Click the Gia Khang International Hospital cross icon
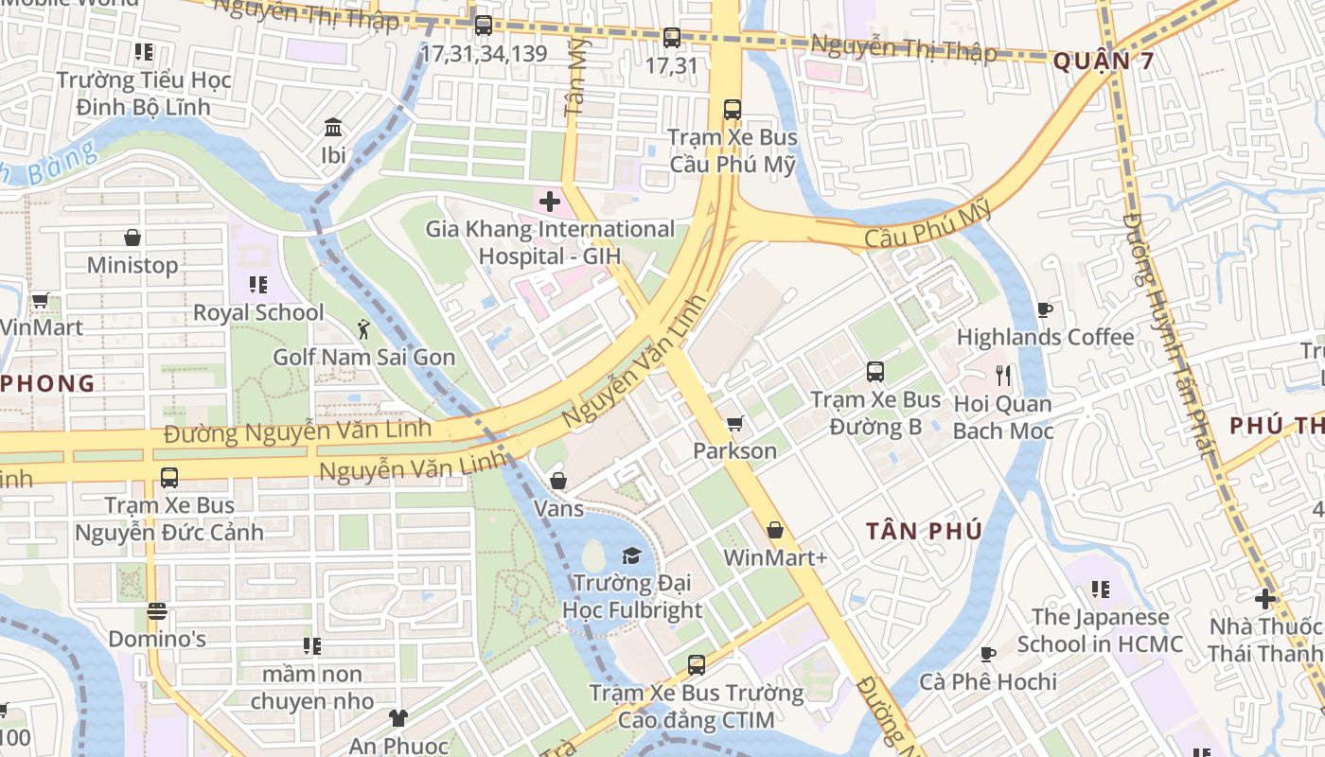(550, 202)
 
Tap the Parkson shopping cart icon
(734, 423)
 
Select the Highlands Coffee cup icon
(1045, 309)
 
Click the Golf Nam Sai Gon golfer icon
(363, 329)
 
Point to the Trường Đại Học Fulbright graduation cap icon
(631, 555)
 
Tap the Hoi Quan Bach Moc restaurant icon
(1003, 376)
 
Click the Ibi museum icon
(333, 127)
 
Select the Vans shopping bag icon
(558, 481)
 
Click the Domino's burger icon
(157, 611)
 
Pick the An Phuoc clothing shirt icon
(397, 718)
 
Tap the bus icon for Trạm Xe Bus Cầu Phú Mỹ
(733, 109)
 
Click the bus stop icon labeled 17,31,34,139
(484, 26)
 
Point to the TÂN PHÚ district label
(924, 531)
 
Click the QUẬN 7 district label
(1104, 62)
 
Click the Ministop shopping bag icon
(132, 238)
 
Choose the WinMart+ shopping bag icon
(775, 530)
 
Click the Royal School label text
(258, 312)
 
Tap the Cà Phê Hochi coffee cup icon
(988, 654)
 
